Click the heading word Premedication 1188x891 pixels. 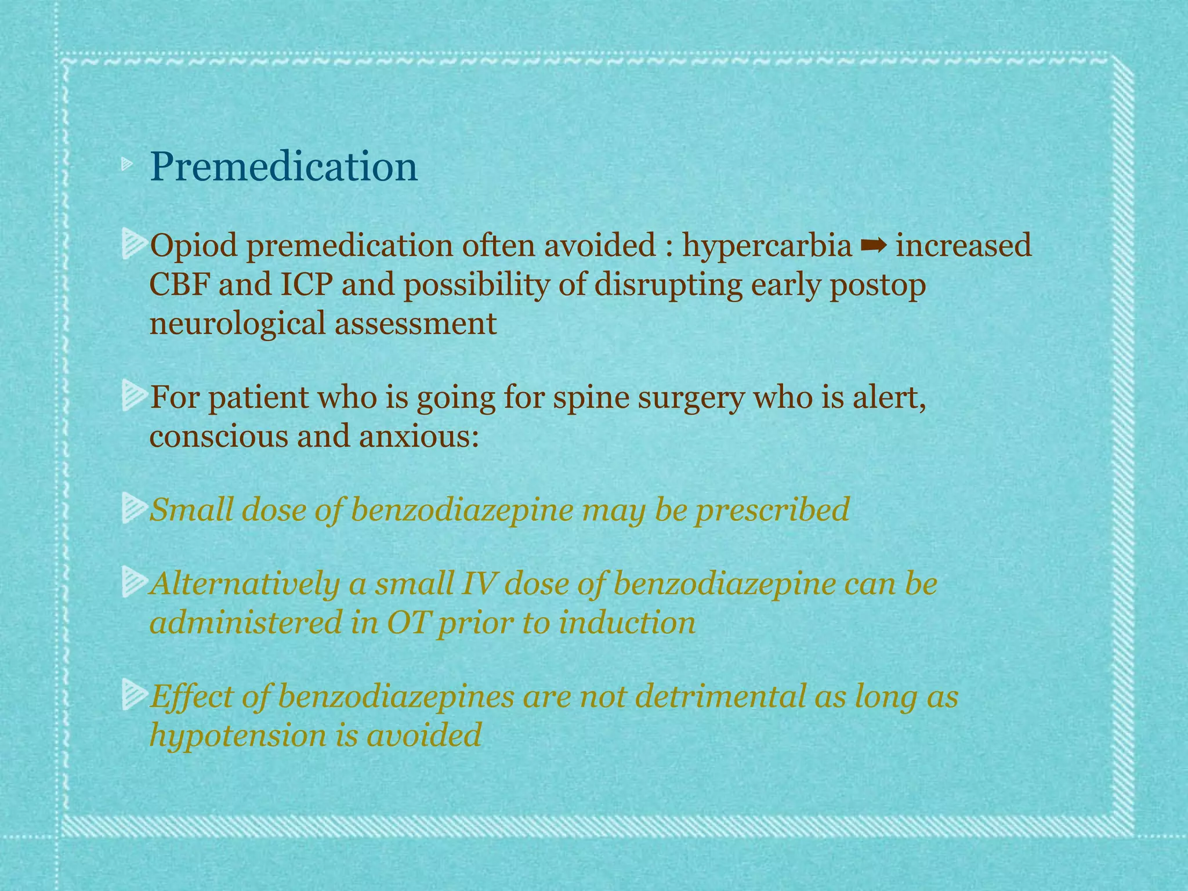click(284, 166)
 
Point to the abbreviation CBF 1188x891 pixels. click(178, 285)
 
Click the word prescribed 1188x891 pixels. click(772, 510)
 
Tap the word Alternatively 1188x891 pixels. click(244, 584)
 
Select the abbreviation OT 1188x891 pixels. click(408, 623)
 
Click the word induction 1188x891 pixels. click(627, 623)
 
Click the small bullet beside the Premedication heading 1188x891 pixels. click(127, 166)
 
